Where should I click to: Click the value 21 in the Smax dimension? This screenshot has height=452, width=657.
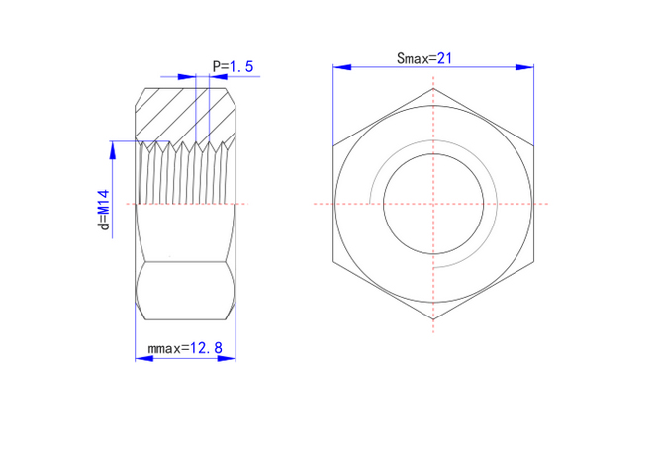(x=444, y=58)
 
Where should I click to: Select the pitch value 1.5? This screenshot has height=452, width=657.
(x=241, y=66)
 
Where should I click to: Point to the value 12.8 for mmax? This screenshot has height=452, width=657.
(x=206, y=348)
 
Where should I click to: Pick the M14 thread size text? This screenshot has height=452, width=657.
(x=104, y=202)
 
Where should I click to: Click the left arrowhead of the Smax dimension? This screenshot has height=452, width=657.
(x=342, y=67)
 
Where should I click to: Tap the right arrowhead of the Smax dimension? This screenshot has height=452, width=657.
(x=524, y=67)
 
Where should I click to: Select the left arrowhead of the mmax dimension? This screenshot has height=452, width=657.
(x=143, y=359)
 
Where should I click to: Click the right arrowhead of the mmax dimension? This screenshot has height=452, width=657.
(x=227, y=359)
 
